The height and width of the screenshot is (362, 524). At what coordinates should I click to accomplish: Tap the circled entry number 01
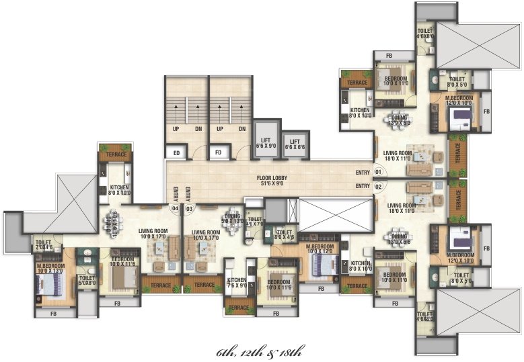point(378,173)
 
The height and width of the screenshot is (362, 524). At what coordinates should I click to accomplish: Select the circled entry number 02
point(378,186)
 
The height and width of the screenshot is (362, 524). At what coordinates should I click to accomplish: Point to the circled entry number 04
point(175,208)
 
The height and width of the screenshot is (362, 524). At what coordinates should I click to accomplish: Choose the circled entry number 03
point(189,208)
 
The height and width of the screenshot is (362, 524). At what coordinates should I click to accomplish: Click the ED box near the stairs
point(176,153)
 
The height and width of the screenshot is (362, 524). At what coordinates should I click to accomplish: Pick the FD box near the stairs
point(218,153)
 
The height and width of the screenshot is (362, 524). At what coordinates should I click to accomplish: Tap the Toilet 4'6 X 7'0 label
point(255,222)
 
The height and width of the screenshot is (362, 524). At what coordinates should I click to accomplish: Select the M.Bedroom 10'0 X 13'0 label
point(52,269)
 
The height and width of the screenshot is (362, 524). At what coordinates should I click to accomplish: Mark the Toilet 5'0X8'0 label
point(87,280)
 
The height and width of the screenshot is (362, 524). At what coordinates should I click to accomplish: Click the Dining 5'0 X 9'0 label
point(233,219)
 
